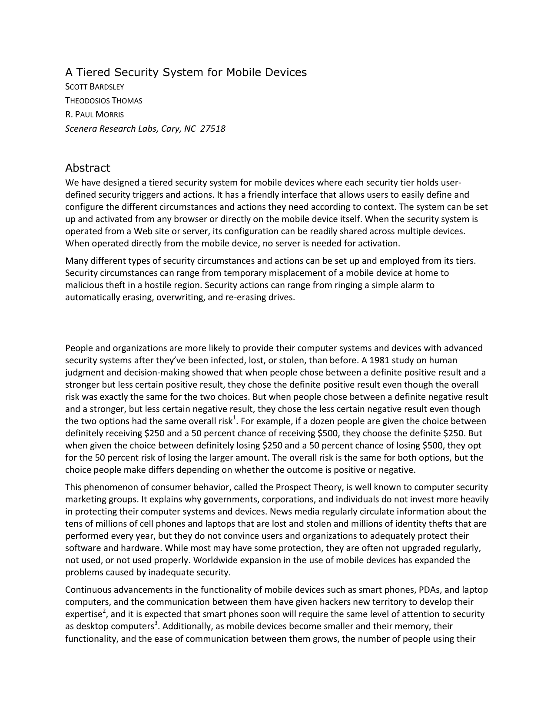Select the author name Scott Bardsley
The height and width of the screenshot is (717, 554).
pos(94,87)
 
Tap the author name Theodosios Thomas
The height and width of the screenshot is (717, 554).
pos(103,101)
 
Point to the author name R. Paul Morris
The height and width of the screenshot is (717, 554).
pos(94,115)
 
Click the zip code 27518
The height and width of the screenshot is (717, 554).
pos(212,129)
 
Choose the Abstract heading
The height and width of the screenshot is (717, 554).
pos(87,168)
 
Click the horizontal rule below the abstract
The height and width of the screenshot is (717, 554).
pos(277,324)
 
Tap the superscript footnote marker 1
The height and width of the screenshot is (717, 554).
pos(235,418)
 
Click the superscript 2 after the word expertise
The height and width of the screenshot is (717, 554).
pos(103,611)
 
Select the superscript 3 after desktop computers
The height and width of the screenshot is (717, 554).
pos(156,623)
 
